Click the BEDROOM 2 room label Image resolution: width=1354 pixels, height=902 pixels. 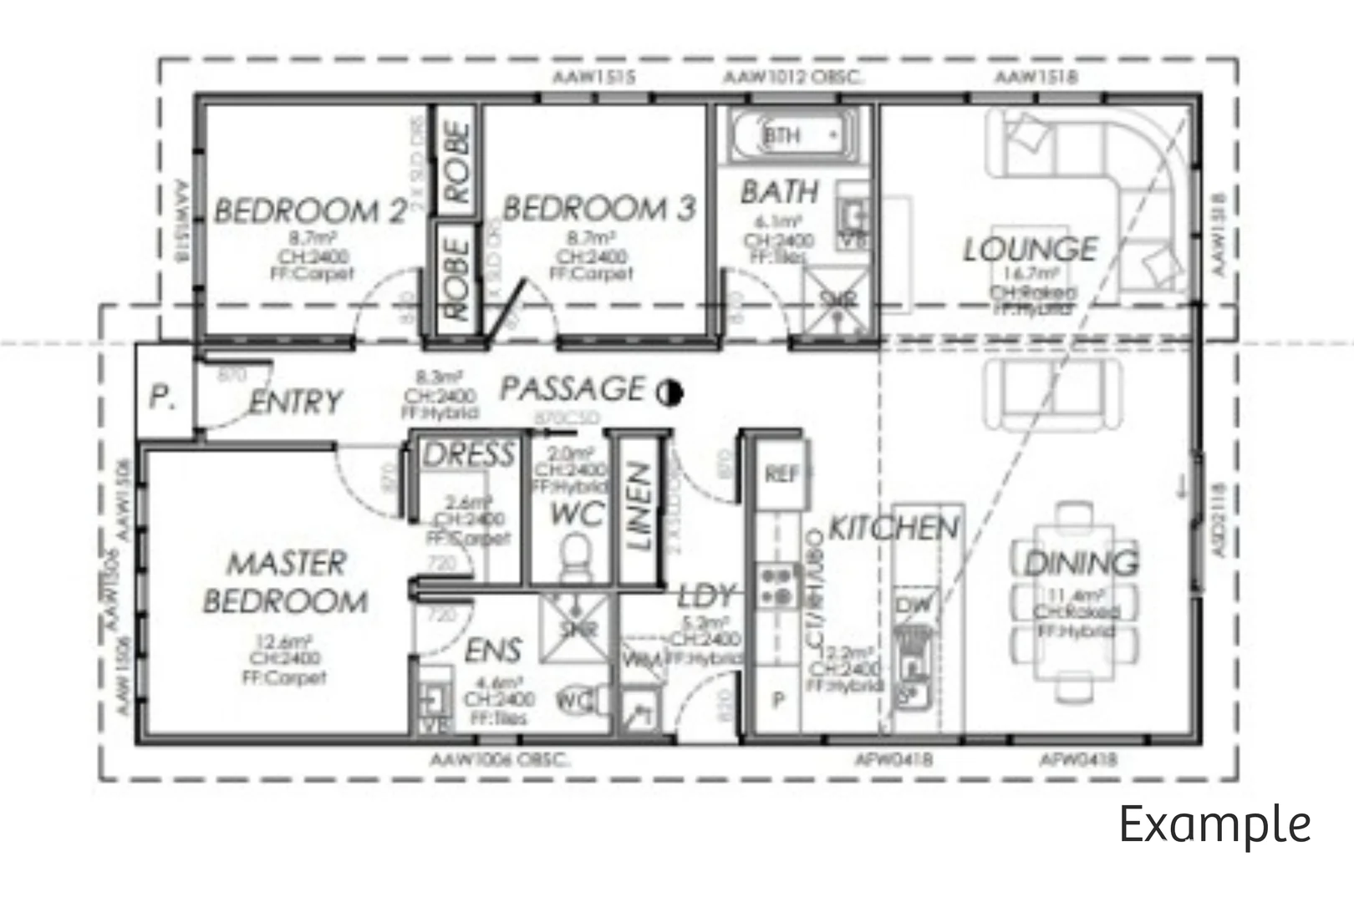[310, 210]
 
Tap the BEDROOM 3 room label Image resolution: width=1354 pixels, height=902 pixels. [598, 208]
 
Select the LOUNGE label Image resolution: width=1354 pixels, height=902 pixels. [1031, 249]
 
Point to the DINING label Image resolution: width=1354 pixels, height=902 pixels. [1081, 563]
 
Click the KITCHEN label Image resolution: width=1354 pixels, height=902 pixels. [893, 528]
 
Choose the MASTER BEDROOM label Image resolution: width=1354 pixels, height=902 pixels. [285, 582]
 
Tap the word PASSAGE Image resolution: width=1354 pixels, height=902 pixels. [573, 388]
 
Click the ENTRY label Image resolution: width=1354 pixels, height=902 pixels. [296, 402]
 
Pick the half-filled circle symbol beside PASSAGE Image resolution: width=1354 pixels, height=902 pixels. [669, 392]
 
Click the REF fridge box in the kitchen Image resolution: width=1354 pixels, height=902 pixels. [782, 474]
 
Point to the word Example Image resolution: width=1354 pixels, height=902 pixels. [1214, 825]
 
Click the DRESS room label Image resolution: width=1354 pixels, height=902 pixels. [468, 455]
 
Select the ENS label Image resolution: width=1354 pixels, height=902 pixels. [493, 650]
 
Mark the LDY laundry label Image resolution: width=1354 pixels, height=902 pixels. [706, 596]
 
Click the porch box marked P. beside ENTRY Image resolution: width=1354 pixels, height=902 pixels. [164, 397]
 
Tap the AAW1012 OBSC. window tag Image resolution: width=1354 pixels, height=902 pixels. [793, 78]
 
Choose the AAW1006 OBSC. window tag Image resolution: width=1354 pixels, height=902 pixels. [499, 760]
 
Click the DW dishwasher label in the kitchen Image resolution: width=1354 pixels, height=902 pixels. [914, 606]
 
